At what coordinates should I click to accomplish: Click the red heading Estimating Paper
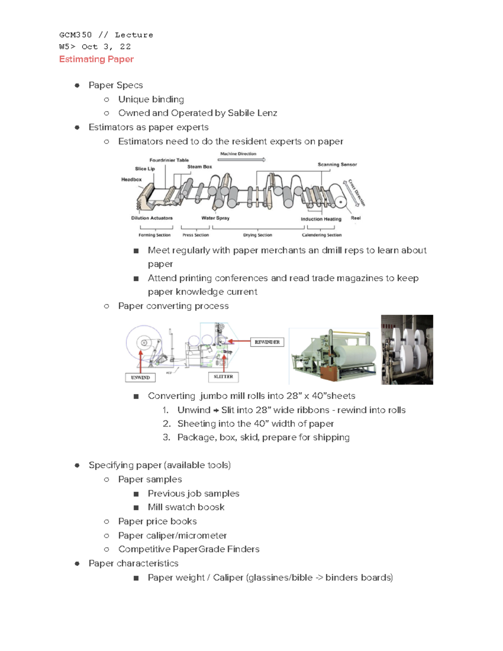96,59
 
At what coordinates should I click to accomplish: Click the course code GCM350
75,35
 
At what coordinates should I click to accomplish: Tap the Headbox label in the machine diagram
131,179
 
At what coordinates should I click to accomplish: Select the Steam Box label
200,167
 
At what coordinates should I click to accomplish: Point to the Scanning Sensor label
337,164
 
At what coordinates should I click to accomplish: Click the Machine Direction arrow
251,159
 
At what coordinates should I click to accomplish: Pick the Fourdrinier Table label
169,160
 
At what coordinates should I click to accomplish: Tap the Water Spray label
215,218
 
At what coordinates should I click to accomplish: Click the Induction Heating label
321,219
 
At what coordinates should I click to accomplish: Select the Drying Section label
257,235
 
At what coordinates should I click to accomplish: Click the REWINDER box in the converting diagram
267,342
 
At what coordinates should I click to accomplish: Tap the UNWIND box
140,378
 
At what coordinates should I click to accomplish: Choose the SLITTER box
223,377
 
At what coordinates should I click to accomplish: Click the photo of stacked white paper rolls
407,350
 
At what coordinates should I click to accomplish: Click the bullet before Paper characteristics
77,563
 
